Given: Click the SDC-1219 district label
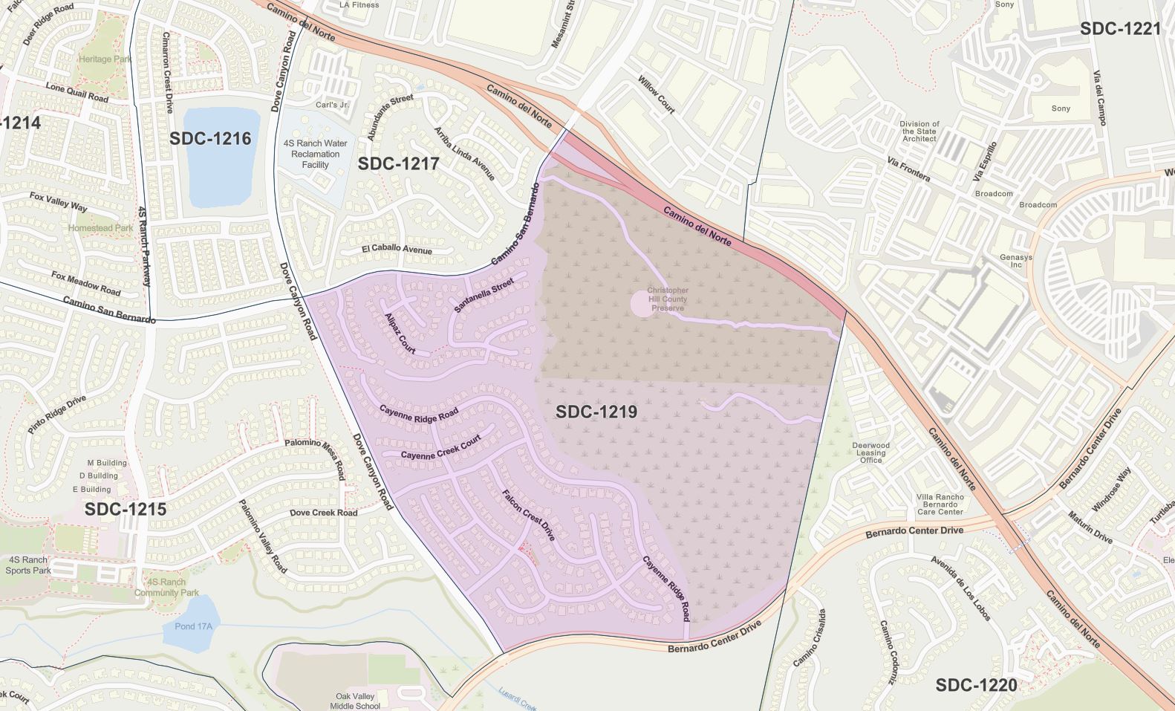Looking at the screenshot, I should pyautogui.click(x=596, y=412).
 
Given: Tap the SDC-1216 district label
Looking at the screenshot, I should pyautogui.click(x=210, y=139).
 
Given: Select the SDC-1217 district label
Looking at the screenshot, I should pyautogui.click(x=398, y=163).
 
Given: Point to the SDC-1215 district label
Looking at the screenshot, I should pyautogui.click(x=125, y=510).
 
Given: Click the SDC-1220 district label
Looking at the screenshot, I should pyautogui.click(x=976, y=685).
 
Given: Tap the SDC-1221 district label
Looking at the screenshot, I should pyautogui.click(x=1120, y=29).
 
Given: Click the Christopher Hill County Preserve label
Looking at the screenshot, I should pyautogui.click(x=667, y=299).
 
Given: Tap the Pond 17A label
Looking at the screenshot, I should pyautogui.click(x=193, y=626).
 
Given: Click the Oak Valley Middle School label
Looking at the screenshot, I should pyautogui.click(x=358, y=701).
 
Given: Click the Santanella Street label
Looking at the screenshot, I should pyautogui.click(x=484, y=295).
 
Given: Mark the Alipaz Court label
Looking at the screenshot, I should pyautogui.click(x=400, y=333).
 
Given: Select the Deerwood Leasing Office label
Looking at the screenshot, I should pyautogui.click(x=870, y=452).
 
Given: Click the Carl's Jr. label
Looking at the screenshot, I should pyautogui.click(x=332, y=105).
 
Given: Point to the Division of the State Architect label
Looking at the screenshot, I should pyautogui.click(x=920, y=132).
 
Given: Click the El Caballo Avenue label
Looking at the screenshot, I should pyautogui.click(x=397, y=250).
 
